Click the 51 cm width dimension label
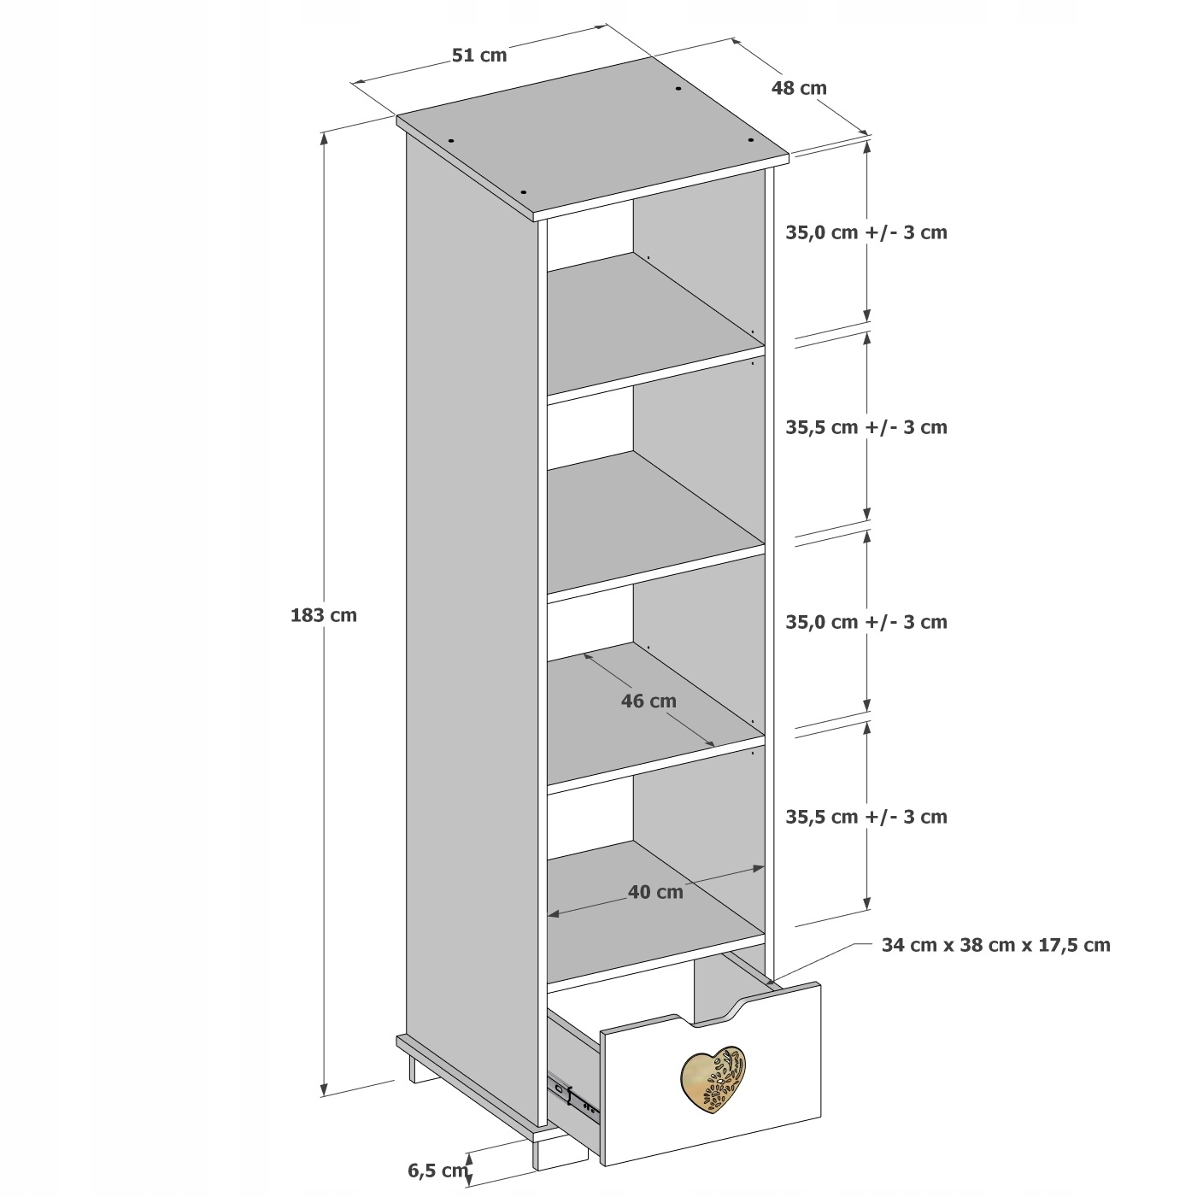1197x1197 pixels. pos(478,56)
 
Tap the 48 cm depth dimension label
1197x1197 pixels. pos(799,87)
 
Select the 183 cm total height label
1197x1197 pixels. pos(324,615)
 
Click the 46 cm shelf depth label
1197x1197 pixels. pos(648,701)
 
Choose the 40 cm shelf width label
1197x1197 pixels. pos(655,892)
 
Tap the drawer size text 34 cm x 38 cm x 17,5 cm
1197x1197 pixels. pos(995,945)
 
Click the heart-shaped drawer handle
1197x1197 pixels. pos(713,1080)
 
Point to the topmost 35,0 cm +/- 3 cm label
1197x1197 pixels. pos(866,232)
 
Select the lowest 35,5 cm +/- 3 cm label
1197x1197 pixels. pos(866,817)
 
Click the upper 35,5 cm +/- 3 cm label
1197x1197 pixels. pos(866,427)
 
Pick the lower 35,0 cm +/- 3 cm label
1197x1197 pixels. pos(866,622)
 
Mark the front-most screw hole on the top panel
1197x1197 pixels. pos(524,192)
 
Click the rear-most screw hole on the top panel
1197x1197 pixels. pos(678,89)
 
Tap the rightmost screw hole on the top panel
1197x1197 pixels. pos(751,140)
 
